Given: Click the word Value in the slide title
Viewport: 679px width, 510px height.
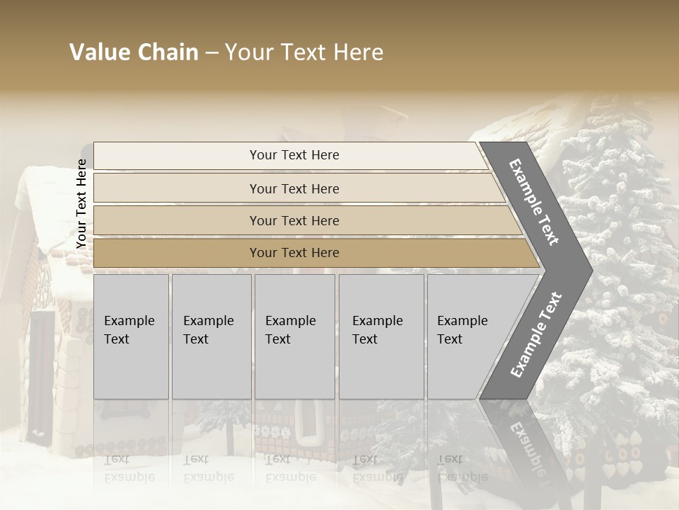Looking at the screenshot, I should [x=99, y=52].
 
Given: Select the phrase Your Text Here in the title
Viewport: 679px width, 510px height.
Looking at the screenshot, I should [x=304, y=52].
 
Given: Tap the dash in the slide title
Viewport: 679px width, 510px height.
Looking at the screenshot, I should [x=211, y=53].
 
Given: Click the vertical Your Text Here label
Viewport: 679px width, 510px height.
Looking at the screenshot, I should [x=81, y=203].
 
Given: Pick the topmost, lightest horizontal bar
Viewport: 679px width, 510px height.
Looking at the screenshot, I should [x=290, y=155].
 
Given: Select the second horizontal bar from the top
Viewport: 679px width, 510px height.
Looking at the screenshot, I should [x=294, y=188].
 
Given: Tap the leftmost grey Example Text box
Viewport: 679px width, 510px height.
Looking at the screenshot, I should [x=131, y=336].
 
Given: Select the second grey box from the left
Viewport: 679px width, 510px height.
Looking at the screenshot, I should [x=211, y=336].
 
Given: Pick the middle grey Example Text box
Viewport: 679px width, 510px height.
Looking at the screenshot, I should [x=294, y=336].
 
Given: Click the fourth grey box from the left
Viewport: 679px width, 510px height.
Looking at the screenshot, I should [x=381, y=336].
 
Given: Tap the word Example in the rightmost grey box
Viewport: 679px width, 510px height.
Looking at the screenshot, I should [x=463, y=321].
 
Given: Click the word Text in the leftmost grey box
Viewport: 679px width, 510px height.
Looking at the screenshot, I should [x=117, y=339].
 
